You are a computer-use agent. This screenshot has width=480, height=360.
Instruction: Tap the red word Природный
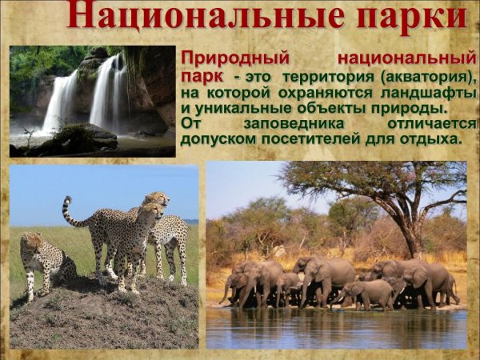pos(233,58)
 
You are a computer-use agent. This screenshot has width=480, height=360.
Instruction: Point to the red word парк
pos(202,77)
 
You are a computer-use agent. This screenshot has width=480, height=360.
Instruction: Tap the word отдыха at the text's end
pos(435,138)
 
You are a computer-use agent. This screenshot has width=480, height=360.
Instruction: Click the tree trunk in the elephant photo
pos(412,232)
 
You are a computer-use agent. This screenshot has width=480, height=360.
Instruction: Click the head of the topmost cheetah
pos(158,198)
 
